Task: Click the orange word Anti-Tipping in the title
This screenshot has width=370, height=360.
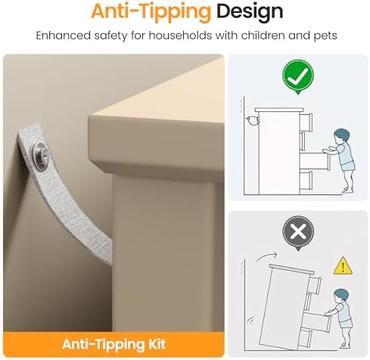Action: click(151, 12)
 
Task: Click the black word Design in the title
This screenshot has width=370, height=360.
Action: click(250, 11)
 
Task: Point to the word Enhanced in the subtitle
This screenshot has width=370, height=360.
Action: click(63, 36)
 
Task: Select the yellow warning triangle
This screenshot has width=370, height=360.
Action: click(343, 266)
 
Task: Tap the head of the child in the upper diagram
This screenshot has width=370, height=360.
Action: click(342, 137)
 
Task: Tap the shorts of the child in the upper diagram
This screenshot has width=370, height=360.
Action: click(348, 166)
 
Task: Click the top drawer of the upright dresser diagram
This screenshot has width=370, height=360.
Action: click(306, 122)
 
